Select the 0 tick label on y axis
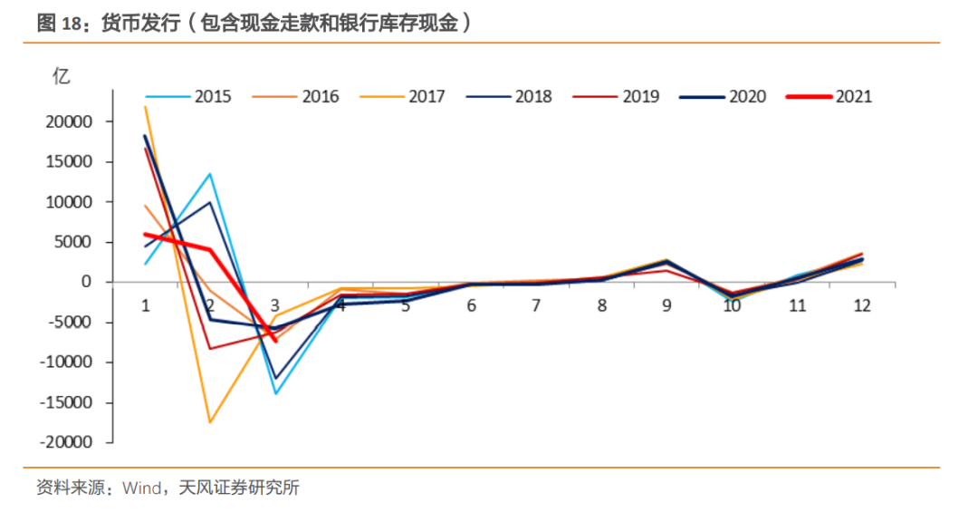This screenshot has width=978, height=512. [87, 282]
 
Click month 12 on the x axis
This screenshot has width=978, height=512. [861, 305]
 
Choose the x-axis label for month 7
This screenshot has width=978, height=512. [536, 305]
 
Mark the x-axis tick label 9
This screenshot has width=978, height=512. [666, 305]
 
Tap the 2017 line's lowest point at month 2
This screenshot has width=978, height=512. [210, 422]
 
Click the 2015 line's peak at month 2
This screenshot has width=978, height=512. [210, 174]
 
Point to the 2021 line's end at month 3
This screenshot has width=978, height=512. [275, 341]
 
